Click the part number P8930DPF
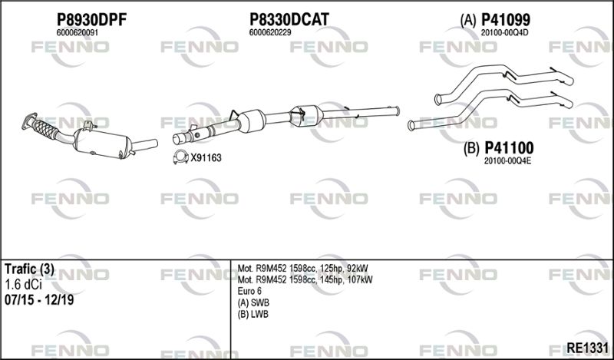tap(91, 20)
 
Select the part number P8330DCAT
tap(289, 19)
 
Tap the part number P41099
tap(506, 19)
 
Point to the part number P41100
tap(509, 148)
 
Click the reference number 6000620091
tap(78, 33)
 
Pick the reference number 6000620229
tap(270, 33)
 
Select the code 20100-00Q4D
tap(504, 33)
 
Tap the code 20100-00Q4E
tap(507, 161)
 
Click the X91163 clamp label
tap(206, 158)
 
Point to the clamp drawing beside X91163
tap(180, 157)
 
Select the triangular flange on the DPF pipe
tap(29, 121)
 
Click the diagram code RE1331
tap(587, 348)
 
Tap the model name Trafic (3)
tap(29, 269)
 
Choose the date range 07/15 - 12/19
tap(39, 300)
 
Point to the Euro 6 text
tap(249, 292)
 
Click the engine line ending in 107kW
tap(305, 279)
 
